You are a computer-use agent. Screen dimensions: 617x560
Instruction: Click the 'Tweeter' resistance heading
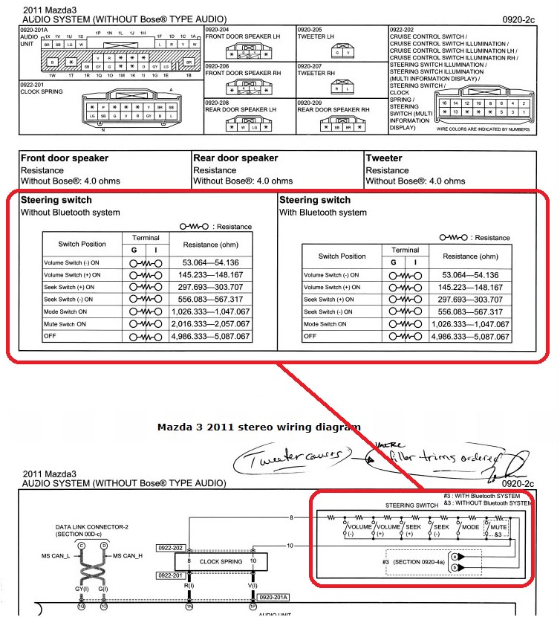(x=384, y=158)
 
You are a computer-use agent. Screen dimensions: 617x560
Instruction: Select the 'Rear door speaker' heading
(x=235, y=158)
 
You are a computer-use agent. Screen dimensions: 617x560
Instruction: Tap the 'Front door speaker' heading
(x=65, y=158)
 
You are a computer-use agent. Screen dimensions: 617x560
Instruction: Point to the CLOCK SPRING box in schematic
(x=221, y=561)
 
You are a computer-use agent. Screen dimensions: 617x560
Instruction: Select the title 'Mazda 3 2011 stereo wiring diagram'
(x=259, y=427)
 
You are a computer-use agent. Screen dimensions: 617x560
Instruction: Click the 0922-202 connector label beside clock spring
(x=171, y=547)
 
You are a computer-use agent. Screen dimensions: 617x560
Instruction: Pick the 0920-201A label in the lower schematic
(x=276, y=596)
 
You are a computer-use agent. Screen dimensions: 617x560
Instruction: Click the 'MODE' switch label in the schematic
(x=471, y=526)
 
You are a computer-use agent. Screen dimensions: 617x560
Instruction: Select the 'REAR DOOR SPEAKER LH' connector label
(x=240, y=109)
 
